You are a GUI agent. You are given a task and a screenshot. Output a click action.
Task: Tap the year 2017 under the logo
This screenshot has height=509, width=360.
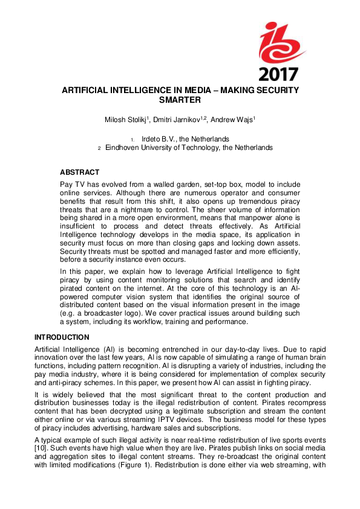(x=278, y=74)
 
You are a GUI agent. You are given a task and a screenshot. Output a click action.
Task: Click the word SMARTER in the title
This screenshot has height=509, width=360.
(x=180, y=102)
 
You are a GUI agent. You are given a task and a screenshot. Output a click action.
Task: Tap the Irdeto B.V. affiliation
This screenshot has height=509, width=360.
(x=185, y=139)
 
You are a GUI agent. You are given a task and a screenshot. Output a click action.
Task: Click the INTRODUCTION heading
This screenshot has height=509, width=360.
(x=62, y=337)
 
